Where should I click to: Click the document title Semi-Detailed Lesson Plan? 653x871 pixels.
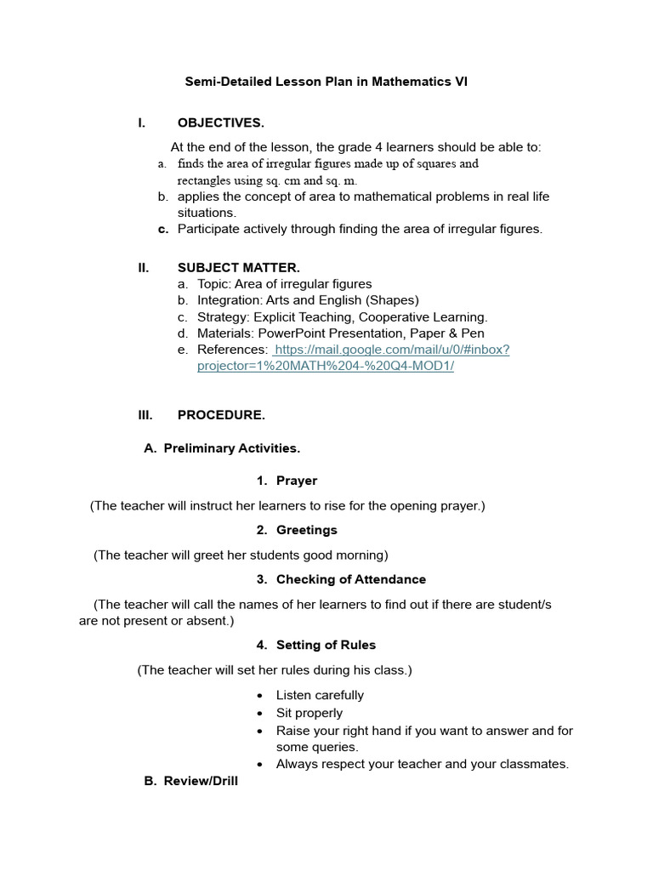[x=326, y=83]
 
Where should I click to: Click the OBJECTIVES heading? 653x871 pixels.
[x=220, y=122]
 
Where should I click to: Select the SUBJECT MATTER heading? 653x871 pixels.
[x=238, y=268]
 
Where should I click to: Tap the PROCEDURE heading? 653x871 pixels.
[x=221, y=415]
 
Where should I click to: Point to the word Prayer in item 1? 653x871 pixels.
[x=296, y=481]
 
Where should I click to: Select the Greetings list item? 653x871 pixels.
[x=306, y=530]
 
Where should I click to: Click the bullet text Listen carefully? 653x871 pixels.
[x=320, y=695]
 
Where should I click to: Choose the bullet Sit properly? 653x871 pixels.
[x=309, y=713]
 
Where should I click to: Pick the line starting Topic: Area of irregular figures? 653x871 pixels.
[x=284, y=284]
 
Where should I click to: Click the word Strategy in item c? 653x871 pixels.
[x=222, y=317]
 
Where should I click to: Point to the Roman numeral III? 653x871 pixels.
[x=145, y=415]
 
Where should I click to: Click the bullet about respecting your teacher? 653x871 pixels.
[x=422, y=764]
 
